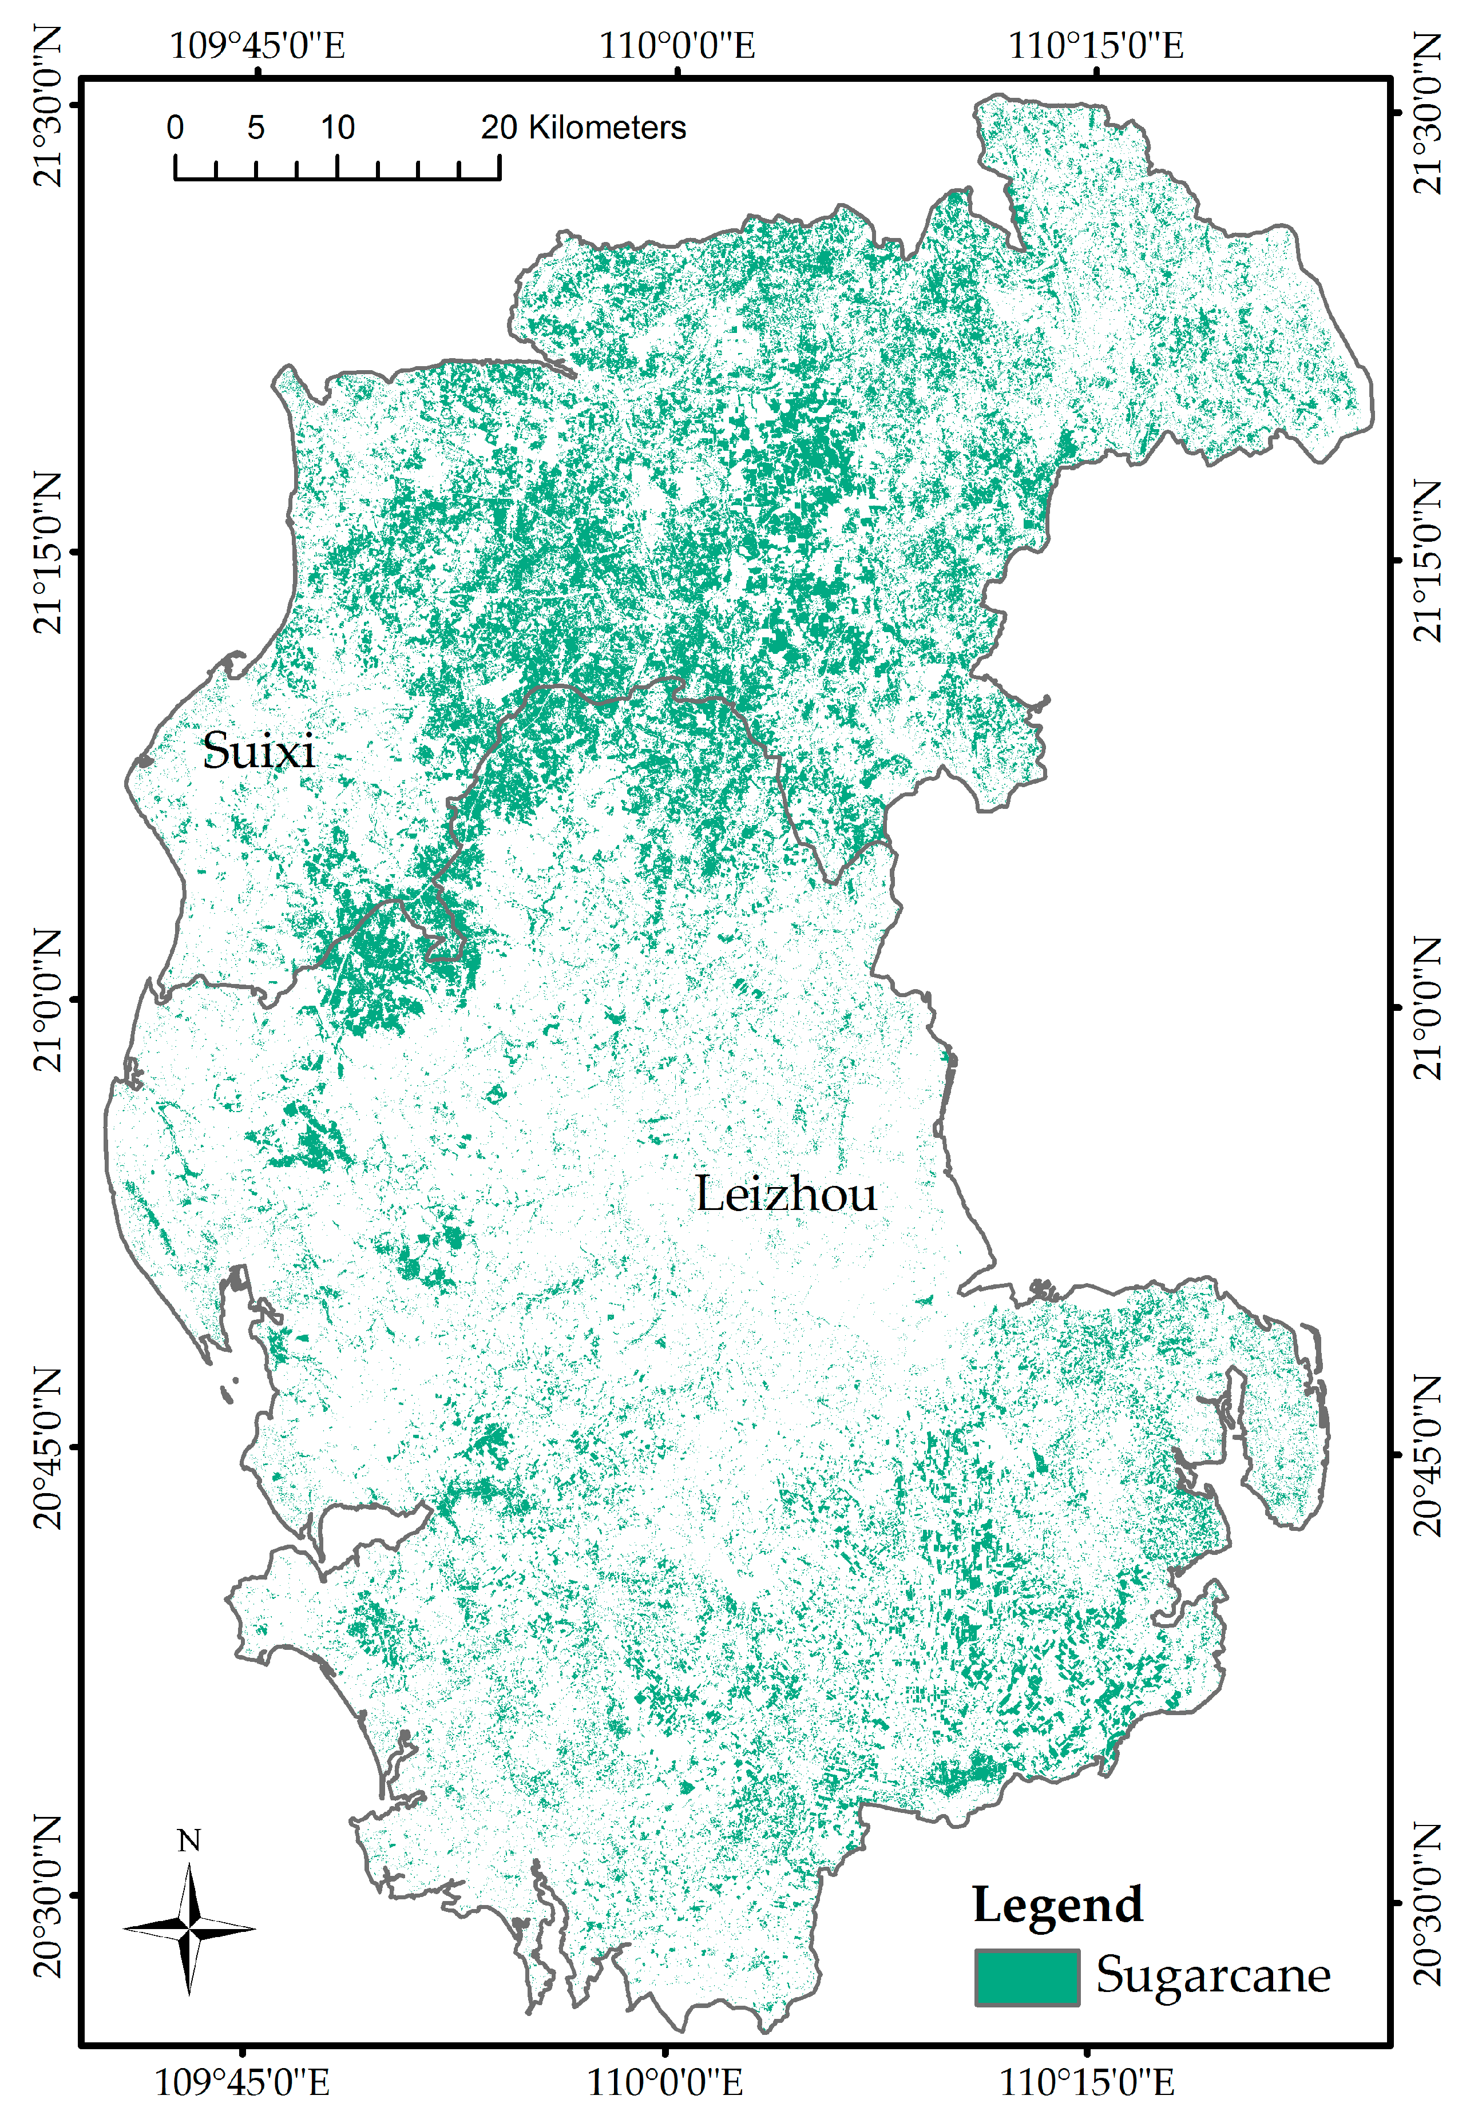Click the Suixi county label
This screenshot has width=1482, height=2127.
pos(259,751)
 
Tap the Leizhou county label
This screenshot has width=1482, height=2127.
pos(785,1194)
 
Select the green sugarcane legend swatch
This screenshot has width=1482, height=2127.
pos(1026,1977)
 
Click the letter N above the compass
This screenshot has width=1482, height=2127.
pos(189,1841)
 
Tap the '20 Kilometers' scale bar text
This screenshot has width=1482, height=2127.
pos(583,127)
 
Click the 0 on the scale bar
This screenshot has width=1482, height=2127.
pos(175,127)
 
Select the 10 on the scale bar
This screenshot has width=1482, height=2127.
pos(338,127)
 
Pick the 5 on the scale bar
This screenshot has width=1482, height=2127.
pos(256,127)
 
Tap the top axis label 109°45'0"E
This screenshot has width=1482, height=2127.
pos(257,45)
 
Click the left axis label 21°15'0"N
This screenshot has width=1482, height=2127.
pos(46,553)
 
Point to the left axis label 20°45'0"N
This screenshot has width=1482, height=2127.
pos(46,1447)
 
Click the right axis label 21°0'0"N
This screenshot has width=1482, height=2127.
pos(1428,1008)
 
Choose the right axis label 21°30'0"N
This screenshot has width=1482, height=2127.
pos(1428,114)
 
